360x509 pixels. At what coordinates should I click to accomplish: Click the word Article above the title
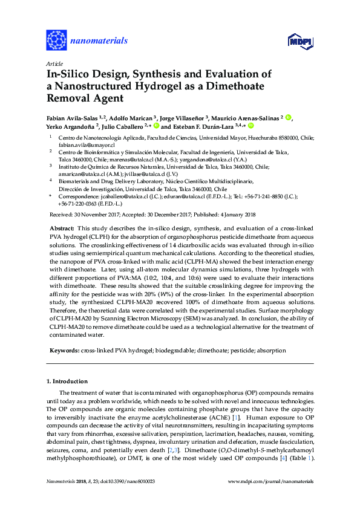[54, 63]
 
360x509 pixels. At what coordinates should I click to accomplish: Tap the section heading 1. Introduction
[70, 382]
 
